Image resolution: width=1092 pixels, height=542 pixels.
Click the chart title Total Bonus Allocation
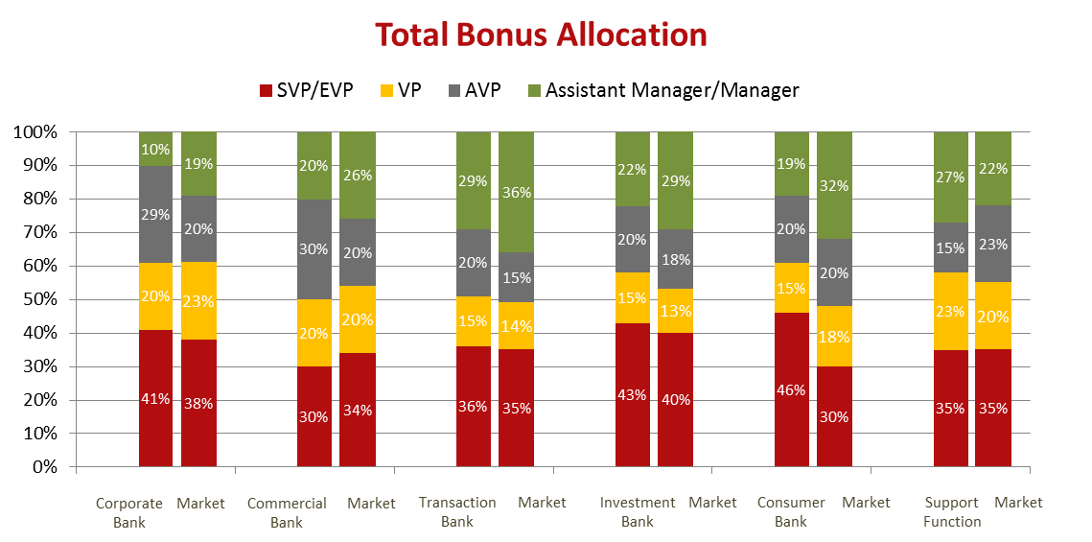coord(541,35)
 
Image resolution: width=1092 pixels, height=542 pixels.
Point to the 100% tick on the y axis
coord(35,131)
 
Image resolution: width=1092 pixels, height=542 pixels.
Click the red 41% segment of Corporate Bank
coord(155,398)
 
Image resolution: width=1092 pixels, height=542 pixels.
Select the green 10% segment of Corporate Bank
coord(155,149)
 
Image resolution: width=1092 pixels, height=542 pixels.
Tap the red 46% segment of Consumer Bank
coord(791,389)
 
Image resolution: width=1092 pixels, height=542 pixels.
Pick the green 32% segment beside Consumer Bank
coord(834,185)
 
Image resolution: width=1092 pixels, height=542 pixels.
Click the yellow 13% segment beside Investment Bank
coord(675,311)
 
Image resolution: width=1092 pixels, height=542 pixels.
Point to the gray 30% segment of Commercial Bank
coord(314,249)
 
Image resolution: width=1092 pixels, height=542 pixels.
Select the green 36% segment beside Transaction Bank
coord(516,192)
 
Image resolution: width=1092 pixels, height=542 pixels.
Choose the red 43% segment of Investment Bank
coord(632,394)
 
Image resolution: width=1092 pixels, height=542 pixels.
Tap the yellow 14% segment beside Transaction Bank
coord(516,326)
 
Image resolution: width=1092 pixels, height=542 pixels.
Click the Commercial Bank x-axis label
coord(287,511)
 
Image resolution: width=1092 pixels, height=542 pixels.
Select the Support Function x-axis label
coord(951,511)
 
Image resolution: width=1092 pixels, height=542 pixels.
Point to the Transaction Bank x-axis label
coord(457,511)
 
